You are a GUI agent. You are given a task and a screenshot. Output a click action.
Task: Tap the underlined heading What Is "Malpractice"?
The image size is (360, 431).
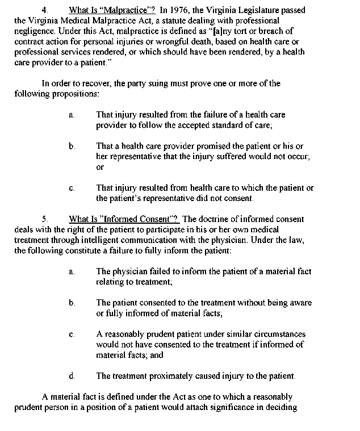(x=112, y=10)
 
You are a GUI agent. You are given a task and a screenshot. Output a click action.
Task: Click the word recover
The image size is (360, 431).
(x=97, y=83)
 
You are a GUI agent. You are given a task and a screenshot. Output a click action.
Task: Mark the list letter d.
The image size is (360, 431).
(x=72, y=376)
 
